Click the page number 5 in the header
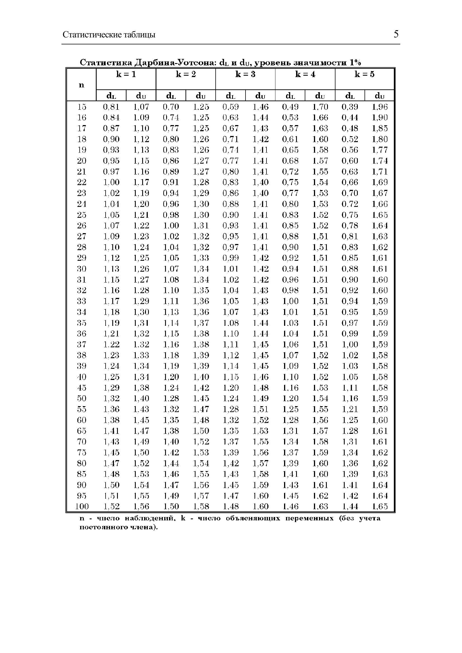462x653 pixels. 396,34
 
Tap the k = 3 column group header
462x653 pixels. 245,75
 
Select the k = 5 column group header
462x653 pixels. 365,75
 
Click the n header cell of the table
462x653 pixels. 81,85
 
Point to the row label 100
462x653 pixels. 82,506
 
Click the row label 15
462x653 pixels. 82,107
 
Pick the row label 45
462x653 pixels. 82,388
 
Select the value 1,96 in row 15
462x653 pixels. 380,107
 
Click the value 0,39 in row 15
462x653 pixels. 350,107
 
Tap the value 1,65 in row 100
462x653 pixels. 380,506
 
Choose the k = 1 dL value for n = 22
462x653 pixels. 111,182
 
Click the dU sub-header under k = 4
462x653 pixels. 320,96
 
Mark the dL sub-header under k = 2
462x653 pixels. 171,96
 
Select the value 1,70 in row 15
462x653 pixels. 320,107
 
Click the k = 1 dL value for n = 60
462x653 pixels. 111,420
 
